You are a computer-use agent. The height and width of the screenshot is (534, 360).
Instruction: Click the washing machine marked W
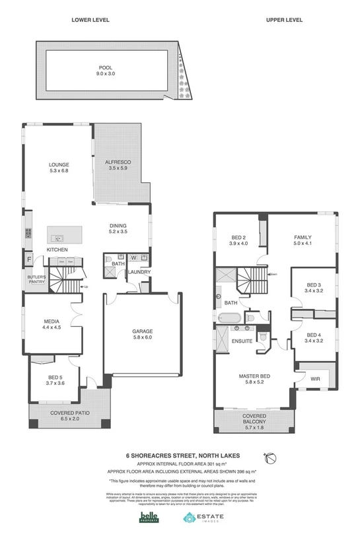pyautogui.click(x=133, y=258)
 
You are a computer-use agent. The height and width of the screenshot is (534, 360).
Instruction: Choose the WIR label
pyautogui.click(x=315, y=380)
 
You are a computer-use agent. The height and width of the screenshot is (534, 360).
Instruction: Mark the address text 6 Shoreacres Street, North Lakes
pyautogui.click(x=180, y=454)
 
